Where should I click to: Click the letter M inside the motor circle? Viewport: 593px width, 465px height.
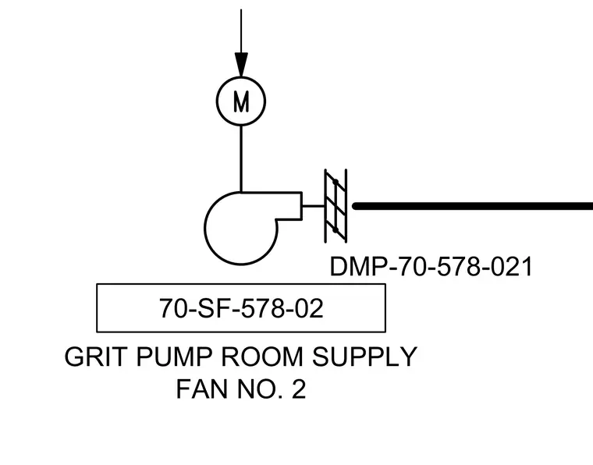[241, 101]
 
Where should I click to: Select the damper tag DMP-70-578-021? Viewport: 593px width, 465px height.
[431, 267]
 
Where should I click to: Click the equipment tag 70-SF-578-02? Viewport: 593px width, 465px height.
[241, 308]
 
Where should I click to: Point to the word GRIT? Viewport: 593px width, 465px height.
[94, 356]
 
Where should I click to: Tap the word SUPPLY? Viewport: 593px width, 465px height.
[364, 356]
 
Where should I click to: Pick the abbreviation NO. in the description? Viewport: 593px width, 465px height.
[261, 389]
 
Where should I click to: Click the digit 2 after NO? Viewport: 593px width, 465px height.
[299, 389]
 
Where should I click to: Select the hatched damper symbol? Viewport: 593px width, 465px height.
[336, 206]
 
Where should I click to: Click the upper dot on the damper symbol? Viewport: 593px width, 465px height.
[336, 183]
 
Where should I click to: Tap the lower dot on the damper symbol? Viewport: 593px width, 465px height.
[336, 229]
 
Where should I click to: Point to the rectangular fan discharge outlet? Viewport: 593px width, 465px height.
[302, 206]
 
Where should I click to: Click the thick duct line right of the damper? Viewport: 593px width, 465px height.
[472, 206]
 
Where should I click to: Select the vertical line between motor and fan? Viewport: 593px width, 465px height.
[241, 159]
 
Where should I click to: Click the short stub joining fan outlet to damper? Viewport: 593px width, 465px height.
[314, 206]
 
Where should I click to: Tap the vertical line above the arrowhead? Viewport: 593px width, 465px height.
[241, 31]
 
